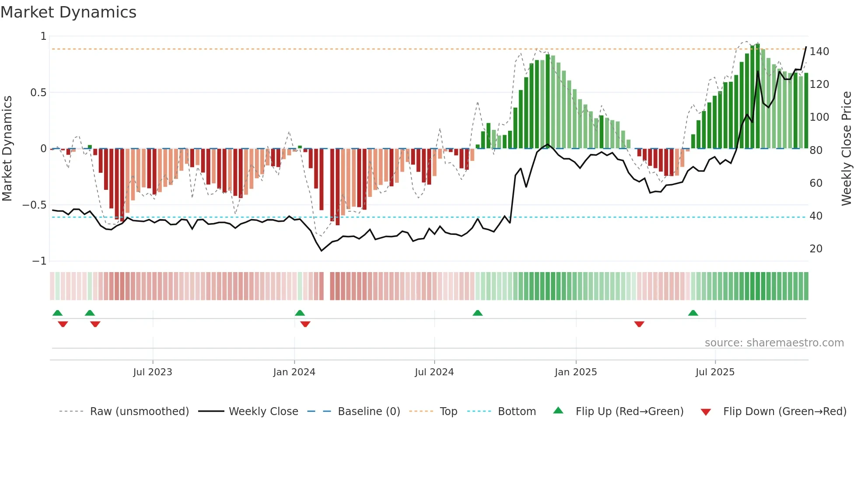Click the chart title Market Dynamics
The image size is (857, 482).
[69, 12]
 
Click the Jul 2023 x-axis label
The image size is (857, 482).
[153, 372]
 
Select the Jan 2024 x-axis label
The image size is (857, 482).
[294, 372]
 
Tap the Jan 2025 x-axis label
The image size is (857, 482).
[575, 372]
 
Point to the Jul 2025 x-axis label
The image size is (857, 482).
[715, 372]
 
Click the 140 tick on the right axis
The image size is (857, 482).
[819, 52]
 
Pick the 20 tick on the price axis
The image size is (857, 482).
[816, 249]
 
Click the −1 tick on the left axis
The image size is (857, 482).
[39, 261]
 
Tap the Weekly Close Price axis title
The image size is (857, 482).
[847, 149]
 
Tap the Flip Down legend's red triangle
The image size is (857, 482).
[705, 412]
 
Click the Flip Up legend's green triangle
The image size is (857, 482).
[558, 411]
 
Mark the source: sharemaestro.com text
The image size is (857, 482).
[774, 343]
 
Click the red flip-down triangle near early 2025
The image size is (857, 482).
[639, 324]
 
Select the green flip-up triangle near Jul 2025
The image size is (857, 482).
[693, 313]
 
